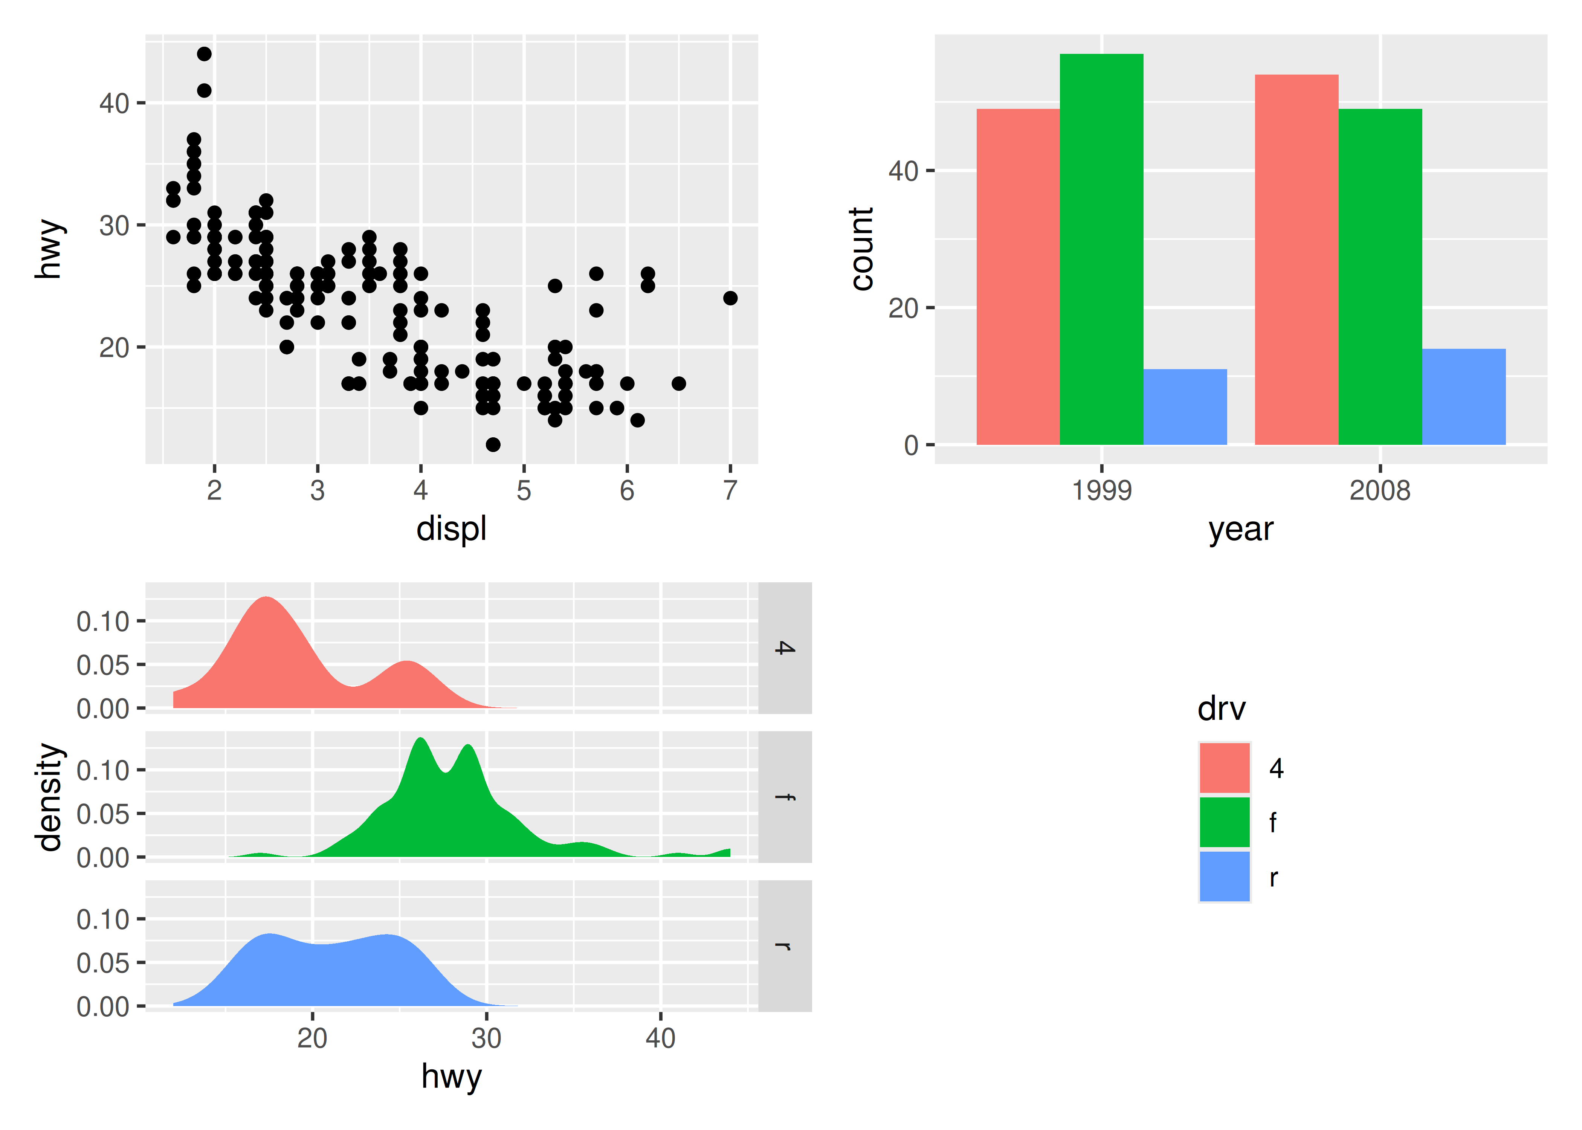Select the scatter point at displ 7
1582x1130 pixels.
(730, 298)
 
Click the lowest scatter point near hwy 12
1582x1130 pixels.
(493, 444)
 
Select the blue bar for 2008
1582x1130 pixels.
(1464, 397)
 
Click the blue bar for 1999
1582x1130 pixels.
(1185, 407)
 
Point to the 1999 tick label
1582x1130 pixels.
(1101, 490)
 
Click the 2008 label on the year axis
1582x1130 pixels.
(1380, 490)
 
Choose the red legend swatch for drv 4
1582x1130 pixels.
(1225, 768)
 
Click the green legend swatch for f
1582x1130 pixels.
(1225, 822)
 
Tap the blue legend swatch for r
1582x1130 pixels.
(1225, 876)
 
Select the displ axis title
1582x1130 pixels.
(451, 529)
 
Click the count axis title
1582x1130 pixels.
(862, 248)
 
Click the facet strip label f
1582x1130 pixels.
(785, 797)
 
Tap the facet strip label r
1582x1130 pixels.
(785, 945)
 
